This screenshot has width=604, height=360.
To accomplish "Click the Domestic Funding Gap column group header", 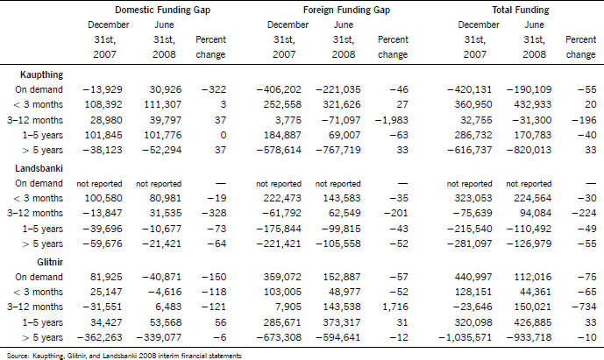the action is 162,10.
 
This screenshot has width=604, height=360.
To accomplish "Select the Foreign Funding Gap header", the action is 346,10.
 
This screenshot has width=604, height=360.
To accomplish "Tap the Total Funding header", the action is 521,10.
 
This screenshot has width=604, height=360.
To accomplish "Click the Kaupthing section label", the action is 41,74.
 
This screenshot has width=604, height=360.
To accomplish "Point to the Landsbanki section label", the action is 39,168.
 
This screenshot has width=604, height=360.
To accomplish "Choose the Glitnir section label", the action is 50,262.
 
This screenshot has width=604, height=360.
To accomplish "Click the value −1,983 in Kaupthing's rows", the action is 391,120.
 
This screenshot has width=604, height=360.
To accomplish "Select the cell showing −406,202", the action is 279,89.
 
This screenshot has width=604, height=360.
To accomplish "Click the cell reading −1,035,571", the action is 465,338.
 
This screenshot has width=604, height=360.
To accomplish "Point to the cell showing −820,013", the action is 529,150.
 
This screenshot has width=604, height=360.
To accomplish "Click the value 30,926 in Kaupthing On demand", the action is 166,89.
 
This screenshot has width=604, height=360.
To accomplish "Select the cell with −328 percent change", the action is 214,214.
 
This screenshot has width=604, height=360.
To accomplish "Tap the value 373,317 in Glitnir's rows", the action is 345,322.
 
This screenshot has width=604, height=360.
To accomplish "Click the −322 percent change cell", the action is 214,89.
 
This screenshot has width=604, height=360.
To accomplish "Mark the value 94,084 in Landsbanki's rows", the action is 536,214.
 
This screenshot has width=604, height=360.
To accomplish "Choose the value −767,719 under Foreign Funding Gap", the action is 338,150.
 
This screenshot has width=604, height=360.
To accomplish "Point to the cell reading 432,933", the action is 536,105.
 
